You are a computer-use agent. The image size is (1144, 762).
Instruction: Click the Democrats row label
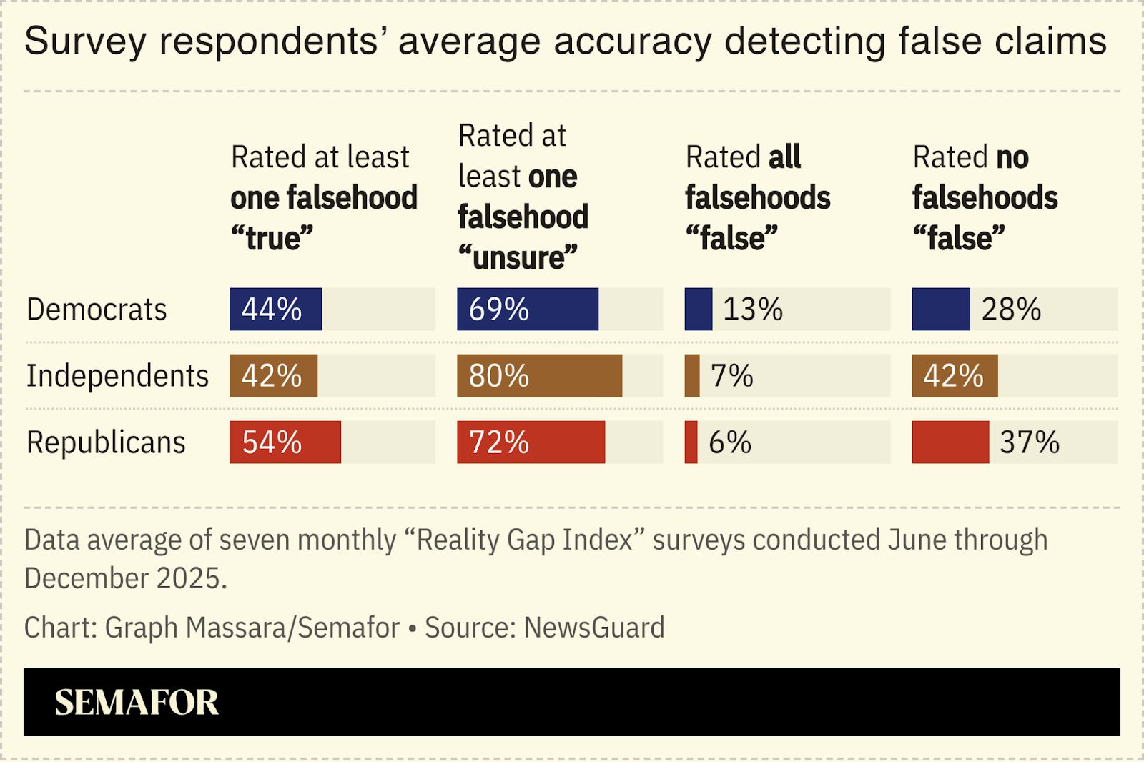pyautogui.click(x=97, y=310)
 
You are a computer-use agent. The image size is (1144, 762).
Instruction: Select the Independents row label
pyautogui.click(x=117, y=376)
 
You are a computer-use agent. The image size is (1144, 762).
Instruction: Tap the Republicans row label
pyautogui.click(x=106, y=442)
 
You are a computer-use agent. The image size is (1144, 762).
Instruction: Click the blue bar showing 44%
pyautogui.click(x=275, y=310)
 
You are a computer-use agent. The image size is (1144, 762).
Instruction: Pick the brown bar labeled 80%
pyautogui.click(x=539, y=376)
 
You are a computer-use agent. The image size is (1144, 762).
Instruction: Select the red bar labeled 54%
pyautogui.click(x=285, y=442)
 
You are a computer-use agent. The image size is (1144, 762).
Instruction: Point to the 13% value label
pyautogui.click(x=752, y=310)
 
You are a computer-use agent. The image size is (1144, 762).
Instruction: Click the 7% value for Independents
pyautogui.click(x=731, y=376)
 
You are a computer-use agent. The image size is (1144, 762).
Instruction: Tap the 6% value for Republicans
pyautogui.click(x=729, y=442)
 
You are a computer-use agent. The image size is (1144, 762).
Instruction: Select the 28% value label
pyautogui.click(x=1011, y=310)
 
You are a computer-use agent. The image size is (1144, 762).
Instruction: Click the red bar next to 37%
pyautogui.click(x=950, y=442)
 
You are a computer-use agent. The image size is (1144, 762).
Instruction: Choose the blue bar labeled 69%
pyautogui.click(x=527, y=310)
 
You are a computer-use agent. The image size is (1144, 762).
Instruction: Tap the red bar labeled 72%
pyautogui.click(x=531, y=442)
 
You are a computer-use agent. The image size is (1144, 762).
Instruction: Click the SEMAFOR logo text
pyautogui.click(x=137, y=703)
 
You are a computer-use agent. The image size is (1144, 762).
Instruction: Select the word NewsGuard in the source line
pyautogui.click(x=594, y=628)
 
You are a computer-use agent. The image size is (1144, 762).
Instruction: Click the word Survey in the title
pyautogui.click(x=85, y=41)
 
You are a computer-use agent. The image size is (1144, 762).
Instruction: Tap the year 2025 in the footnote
pyautogui.click(x=191, y=578)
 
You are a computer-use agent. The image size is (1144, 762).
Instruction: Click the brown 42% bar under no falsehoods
pyautogui.click(x=955, y=376)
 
